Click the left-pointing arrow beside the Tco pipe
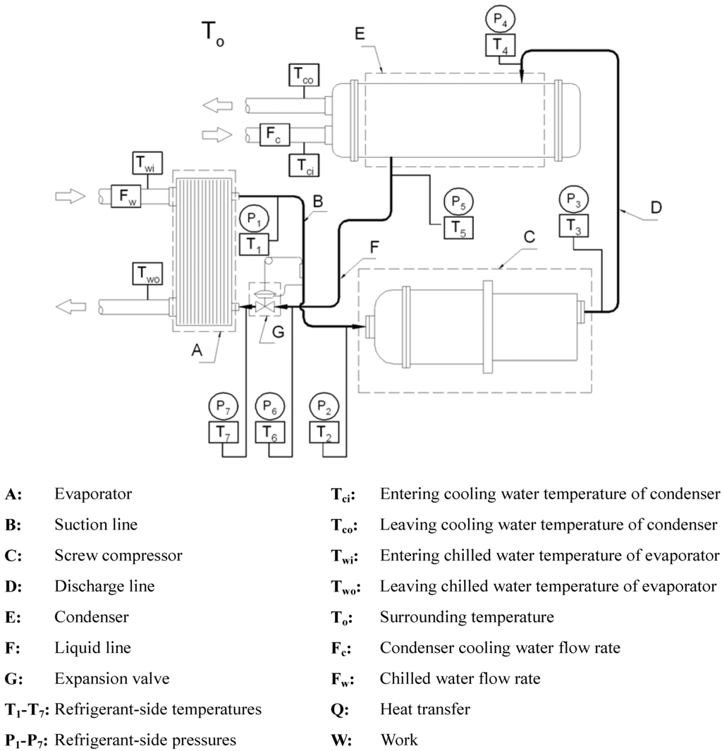pyautogui.click(x=216, y=106)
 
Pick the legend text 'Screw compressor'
pyautogui.click(x=118, y=556)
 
